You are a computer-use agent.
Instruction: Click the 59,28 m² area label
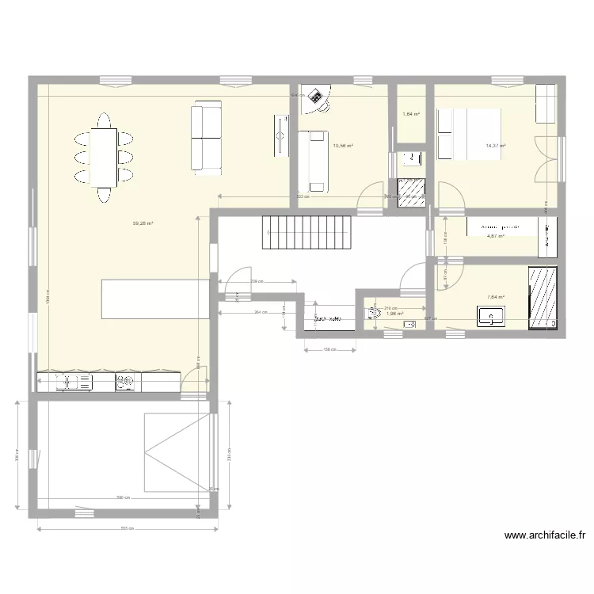coord(143,223)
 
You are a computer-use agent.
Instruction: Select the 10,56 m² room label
coord(343,146)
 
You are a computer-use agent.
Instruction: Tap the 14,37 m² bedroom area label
coord(496,146)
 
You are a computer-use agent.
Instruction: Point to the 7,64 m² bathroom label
coord(496,297)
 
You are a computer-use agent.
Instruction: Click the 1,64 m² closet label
coord(411,114)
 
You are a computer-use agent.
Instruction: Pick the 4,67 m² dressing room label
coord(496,236)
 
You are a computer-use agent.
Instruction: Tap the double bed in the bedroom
coord(469,135)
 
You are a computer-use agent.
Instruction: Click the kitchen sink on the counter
coord(77,383)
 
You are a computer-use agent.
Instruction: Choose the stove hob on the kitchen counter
coord(125,383)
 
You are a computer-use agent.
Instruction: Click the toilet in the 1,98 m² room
coord(371,314)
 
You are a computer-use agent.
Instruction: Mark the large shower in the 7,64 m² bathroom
coord(543,297)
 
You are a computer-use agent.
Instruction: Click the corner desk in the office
coord(318,97)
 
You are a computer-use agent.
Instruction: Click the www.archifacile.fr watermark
coord(544,535)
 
